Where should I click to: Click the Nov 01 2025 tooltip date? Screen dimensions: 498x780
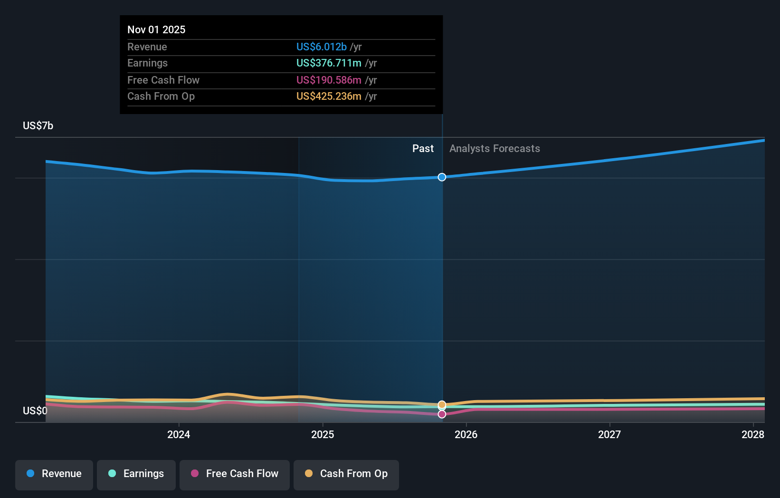[156, 29]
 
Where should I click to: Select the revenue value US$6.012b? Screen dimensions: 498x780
[322, 47]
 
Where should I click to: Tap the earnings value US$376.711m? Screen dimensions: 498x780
[329, 63]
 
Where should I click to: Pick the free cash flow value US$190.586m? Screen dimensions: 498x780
[329, 80]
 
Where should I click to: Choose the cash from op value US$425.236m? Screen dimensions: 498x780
[329, 96]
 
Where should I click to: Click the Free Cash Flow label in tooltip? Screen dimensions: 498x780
[163, 80]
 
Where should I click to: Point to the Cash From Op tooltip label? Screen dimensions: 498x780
[161, 96]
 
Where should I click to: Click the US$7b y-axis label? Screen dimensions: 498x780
[38, 125]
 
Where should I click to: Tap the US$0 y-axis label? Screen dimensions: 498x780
[35, 411]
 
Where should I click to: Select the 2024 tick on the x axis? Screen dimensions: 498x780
[179, 434]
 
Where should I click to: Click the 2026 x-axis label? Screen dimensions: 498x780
[466, 434]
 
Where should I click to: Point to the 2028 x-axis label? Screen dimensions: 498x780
[753, 434]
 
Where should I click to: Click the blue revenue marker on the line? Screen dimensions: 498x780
[442, 177]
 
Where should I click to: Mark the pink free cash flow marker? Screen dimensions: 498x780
[442, 414]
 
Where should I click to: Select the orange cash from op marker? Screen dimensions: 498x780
[442, 404]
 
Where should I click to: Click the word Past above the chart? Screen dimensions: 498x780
[423, 149]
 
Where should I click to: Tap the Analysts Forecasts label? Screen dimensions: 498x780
[495, 149]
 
